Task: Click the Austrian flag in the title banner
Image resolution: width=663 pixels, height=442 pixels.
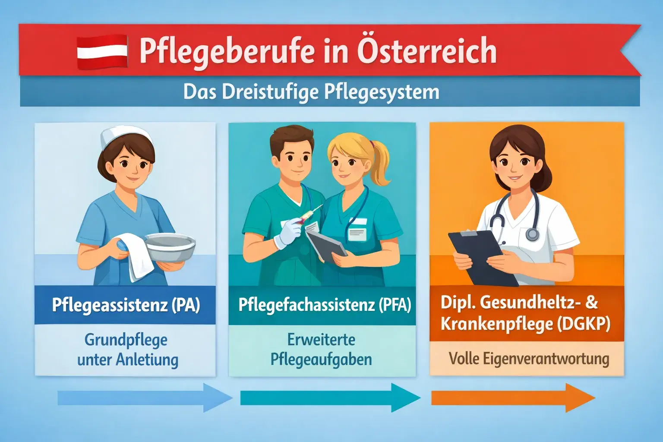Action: tap(102, 52)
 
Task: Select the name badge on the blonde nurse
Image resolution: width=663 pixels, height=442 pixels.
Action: tap(357, 231)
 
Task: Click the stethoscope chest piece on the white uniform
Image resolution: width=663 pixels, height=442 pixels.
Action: tap(533, 234)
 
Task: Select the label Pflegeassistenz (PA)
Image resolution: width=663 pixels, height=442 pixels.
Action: tap(126, 305)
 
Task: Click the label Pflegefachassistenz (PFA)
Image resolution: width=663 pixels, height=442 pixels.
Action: tap(324, 305)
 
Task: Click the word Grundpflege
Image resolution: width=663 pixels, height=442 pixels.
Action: tap(126, 340)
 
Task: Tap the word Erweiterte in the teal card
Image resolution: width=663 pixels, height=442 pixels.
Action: tap(321, 340)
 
